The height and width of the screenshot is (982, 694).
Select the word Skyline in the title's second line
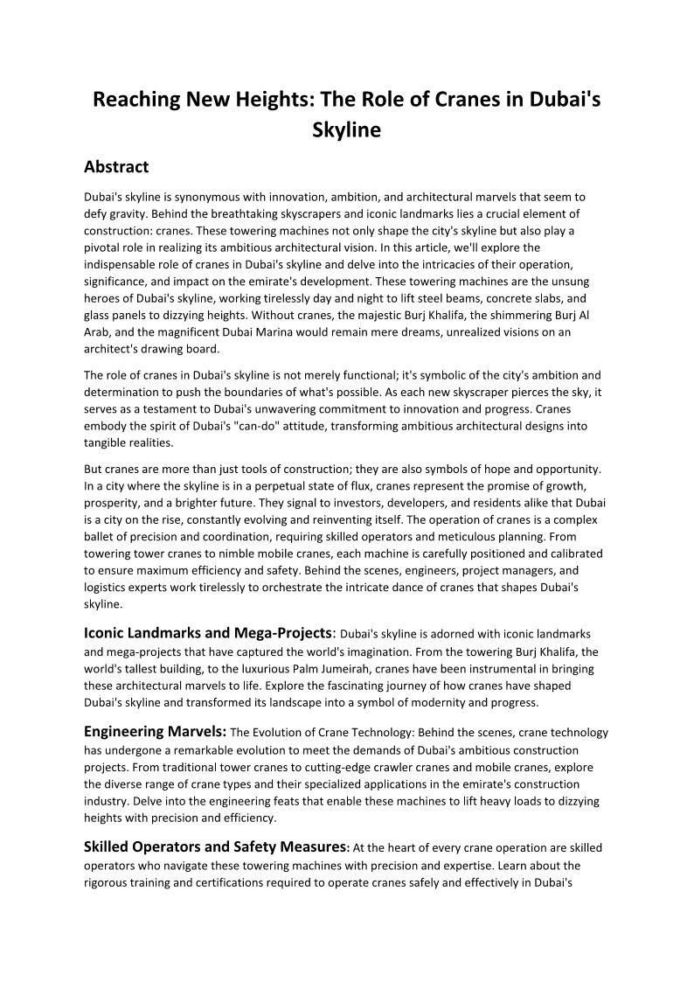click(x=347, y=131)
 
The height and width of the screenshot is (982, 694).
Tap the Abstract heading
click(x=116, y=167)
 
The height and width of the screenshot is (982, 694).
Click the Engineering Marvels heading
click(x=155, y=732)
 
